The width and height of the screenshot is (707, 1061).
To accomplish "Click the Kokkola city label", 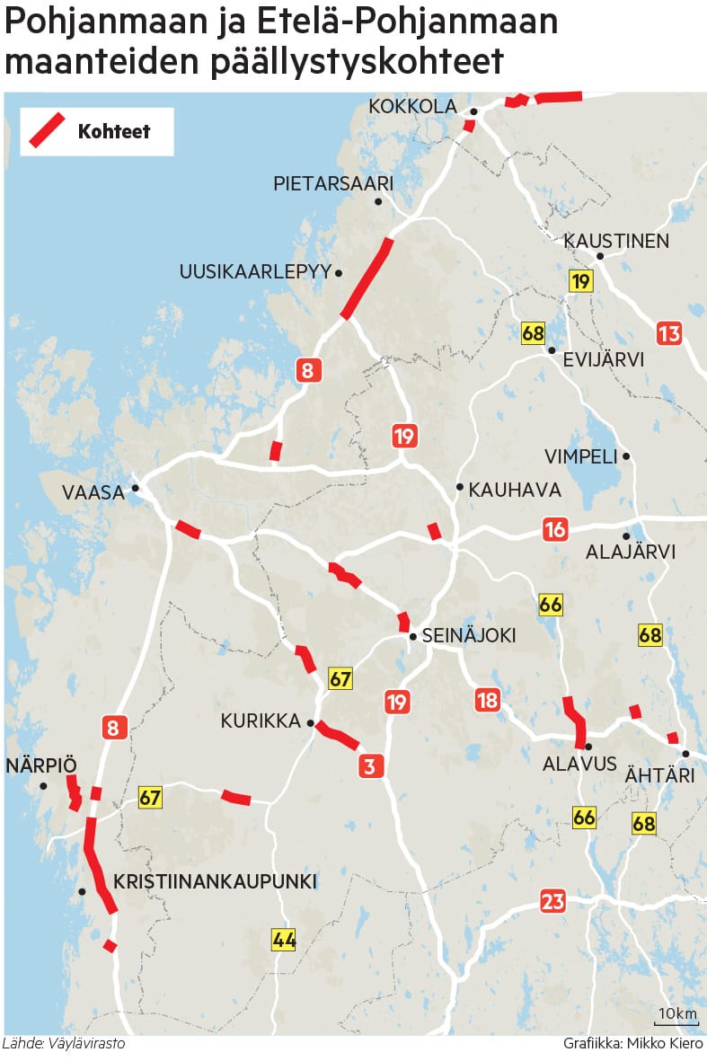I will pyautogui.click(x=413, y=107).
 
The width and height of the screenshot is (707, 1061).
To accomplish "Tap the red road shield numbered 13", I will pyautogui.click(x=669, y=334).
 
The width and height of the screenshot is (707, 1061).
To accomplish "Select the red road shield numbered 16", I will pyautogui.click(x=555, y=530).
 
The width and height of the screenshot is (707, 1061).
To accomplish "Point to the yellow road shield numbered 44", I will pyautogui.click(x=284, y=941).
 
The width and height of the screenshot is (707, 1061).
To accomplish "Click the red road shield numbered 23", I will pyautogui.click(x=553, y=902).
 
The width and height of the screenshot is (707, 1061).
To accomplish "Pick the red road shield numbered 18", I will pyautogui.click(x=487, y=700).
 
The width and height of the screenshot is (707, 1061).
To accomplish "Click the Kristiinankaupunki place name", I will pyautogui.click(x=215, y=881).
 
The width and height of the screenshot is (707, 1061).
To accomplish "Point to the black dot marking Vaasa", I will pyautogui.click(x=136, y=489).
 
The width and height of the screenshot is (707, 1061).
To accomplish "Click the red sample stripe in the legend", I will pyautogui.click(x=46, y=130).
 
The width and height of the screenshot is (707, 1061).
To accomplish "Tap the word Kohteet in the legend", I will pyautogui.click(x=113, y=131).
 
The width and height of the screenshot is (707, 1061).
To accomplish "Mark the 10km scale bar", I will pyautogui.click(x=676, y=1021).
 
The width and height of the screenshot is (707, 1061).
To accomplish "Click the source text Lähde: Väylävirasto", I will pyautogui.click(x=64, y=1044).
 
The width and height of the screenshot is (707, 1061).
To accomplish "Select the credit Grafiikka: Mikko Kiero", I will pyautogui.click(x=633, y=1044).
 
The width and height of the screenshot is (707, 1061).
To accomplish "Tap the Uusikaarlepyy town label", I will pyautogui.click(x=255, y=271).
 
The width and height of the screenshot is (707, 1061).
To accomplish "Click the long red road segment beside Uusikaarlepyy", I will pyautogui.click(x=367, y=279).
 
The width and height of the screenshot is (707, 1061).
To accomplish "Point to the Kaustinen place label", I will pyautogui.click(x=615, y=241).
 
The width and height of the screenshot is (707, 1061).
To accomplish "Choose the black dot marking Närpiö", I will pyautogui.click(x=42, y=786).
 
